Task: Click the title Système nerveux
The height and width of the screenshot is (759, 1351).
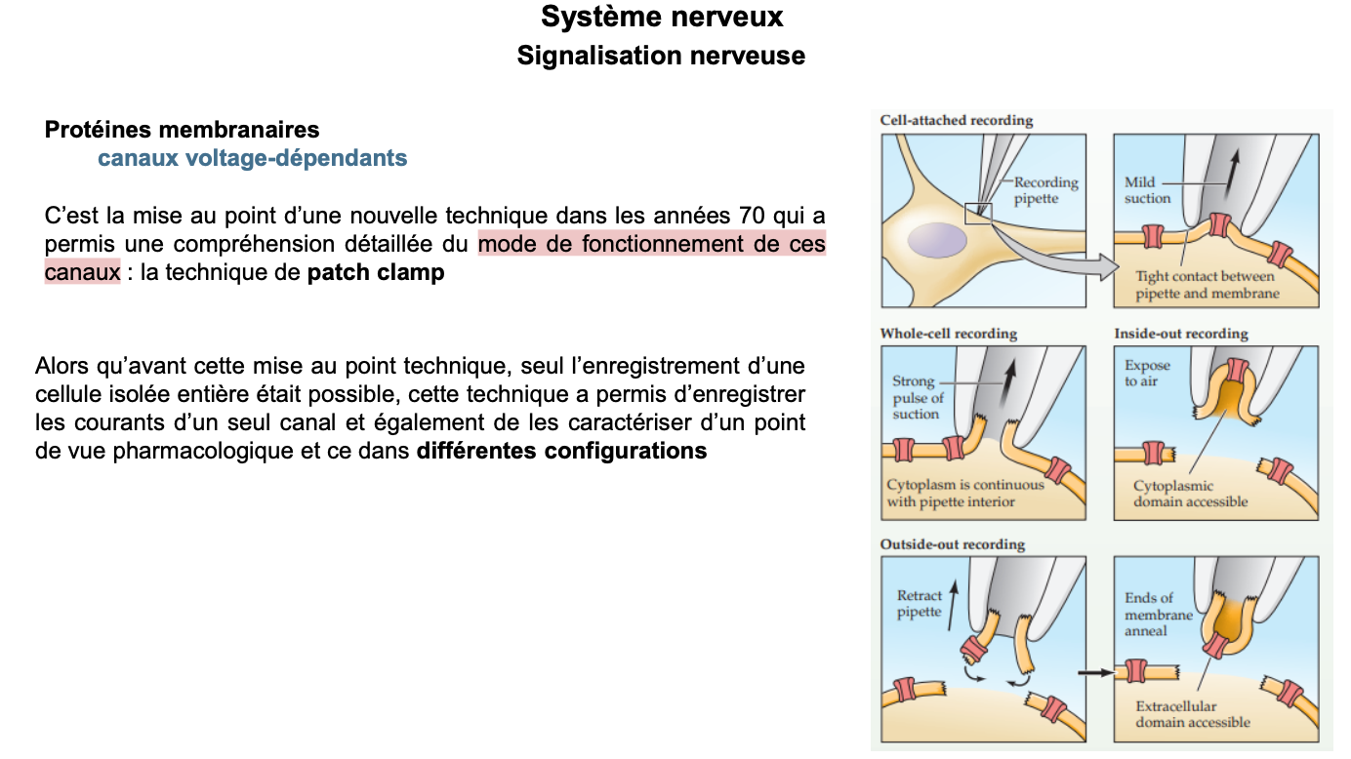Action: coord(661,17)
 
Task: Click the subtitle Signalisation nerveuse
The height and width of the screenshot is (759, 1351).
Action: coord(661,56)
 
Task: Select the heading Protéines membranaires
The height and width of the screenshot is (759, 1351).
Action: coord(182,129)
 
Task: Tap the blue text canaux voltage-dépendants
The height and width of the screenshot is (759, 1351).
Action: coord(252,158)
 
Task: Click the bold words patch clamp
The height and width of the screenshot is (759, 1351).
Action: coord(376,273)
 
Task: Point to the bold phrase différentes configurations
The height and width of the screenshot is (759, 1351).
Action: coord(561,452)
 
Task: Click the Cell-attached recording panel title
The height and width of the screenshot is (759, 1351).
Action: coord(956,121)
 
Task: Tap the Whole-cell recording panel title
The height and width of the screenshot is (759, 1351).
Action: coord(948,334)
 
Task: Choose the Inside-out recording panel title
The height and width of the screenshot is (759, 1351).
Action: coord(1180,334)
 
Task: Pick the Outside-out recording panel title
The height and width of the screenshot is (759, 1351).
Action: coord(952,544)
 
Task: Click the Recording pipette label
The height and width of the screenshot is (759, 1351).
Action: coord(1045,190)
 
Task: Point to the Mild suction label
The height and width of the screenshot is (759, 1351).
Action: coord(1147,190)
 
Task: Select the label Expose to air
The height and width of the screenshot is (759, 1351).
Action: coord(1147,374)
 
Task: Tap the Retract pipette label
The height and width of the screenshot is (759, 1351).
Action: coord(920,604)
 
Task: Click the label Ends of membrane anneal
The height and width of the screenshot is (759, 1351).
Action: coord(1158,615)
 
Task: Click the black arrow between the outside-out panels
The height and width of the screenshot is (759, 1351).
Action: coord(1095,672)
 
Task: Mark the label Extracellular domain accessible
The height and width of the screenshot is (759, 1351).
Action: coord(1192,714)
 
